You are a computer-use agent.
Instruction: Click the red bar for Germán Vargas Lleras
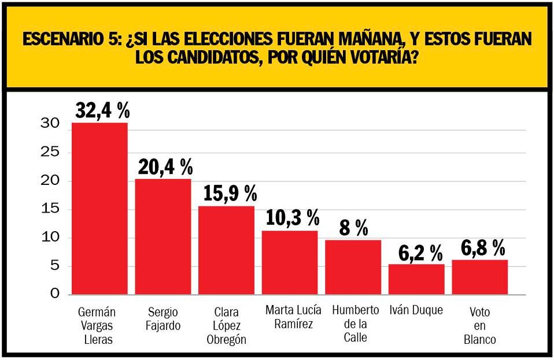click(99, 208)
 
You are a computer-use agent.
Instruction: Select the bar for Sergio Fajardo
click(163, 236)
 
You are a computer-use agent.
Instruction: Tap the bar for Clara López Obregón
click(226, 250)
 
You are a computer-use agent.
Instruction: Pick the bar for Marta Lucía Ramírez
click(290, 262)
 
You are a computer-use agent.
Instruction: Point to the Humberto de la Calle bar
click(353, 267)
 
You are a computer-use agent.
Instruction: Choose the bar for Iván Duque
click(416, 279)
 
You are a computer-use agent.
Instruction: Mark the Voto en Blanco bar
click(479, 277)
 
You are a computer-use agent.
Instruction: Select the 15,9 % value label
click(230, 194)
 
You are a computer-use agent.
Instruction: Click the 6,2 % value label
click(420, 252)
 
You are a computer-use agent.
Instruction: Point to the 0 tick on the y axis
click(54, 294)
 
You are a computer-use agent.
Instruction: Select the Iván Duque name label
click(416, 310)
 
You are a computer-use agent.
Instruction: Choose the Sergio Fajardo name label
click(163, 318)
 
